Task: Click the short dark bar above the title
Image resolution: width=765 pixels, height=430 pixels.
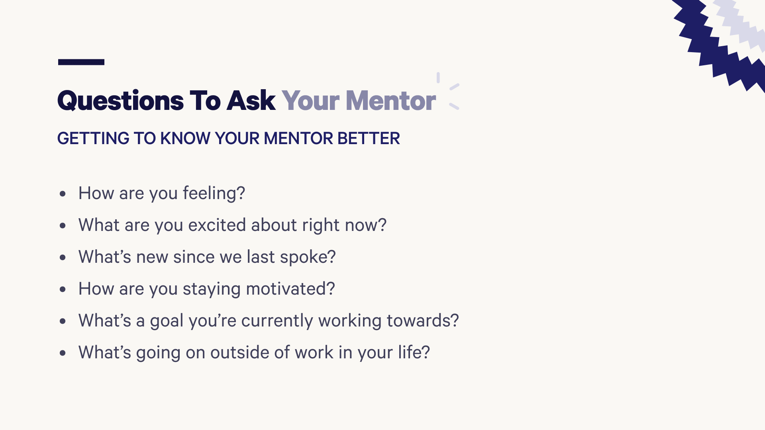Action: (x=81, y=62)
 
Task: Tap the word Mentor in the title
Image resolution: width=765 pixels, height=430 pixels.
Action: (x=390, y=101)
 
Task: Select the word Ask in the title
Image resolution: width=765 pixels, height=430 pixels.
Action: (x=251, y=101)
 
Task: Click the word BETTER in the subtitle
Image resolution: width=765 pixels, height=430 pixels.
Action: (x=369, y=139)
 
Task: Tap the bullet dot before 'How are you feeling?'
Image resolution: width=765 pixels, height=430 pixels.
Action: (x=63, y=194)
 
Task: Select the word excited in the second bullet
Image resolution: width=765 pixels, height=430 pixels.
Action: (x=217, y=225)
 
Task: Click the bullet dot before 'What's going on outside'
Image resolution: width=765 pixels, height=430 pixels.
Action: (x=63, y=353)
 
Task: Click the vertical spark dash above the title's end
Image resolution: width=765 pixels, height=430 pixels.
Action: (x=438, y=78)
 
